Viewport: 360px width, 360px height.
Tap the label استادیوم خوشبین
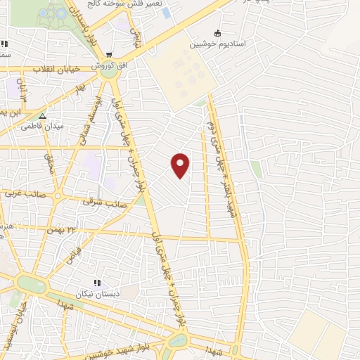(217, 44)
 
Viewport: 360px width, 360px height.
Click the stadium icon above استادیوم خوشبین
(217, 33)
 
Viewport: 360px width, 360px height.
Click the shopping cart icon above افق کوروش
(108, 55)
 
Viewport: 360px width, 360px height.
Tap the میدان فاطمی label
(42, 127)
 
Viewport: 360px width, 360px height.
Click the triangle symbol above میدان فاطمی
(42, 117)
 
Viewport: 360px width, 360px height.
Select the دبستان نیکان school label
(98, 292)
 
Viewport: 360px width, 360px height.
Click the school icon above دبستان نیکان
(97, 282)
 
